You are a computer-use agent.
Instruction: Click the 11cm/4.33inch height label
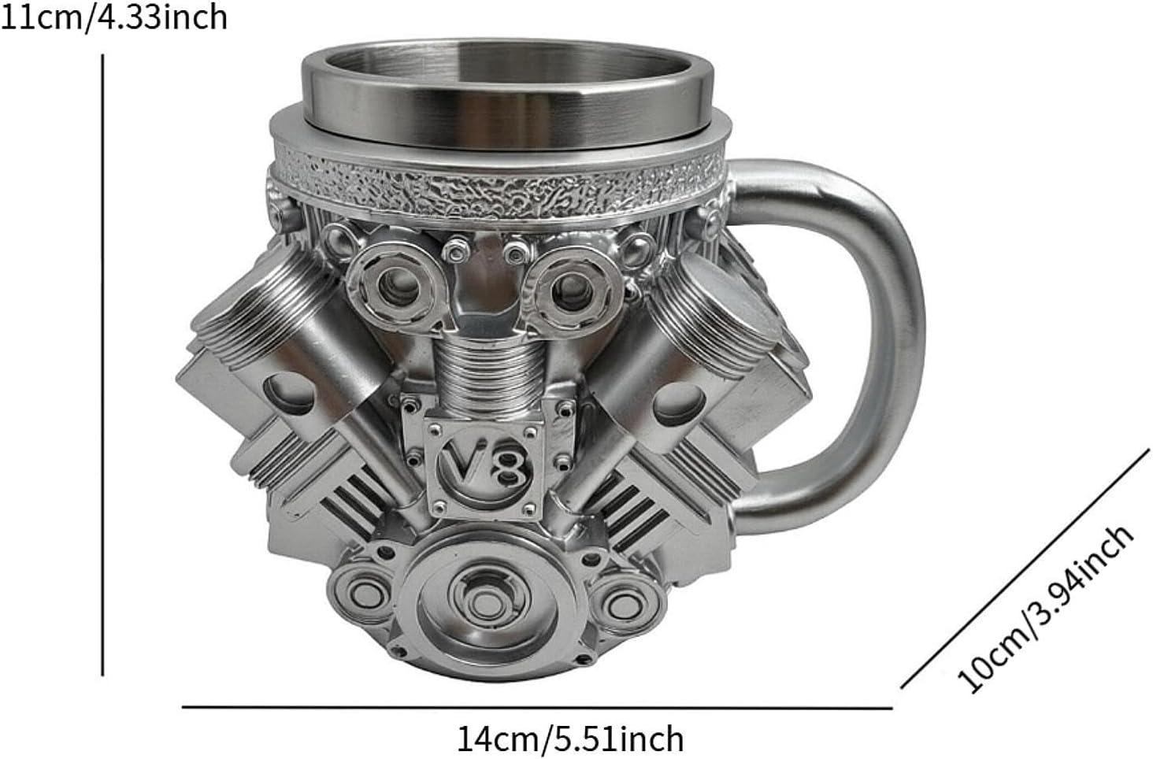(113, 18)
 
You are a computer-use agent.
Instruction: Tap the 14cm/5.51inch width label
(570, 739)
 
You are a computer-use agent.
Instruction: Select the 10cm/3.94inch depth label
(1045, 609)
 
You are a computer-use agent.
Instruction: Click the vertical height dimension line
(102, 365)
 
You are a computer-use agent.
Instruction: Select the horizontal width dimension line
(537, 708)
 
